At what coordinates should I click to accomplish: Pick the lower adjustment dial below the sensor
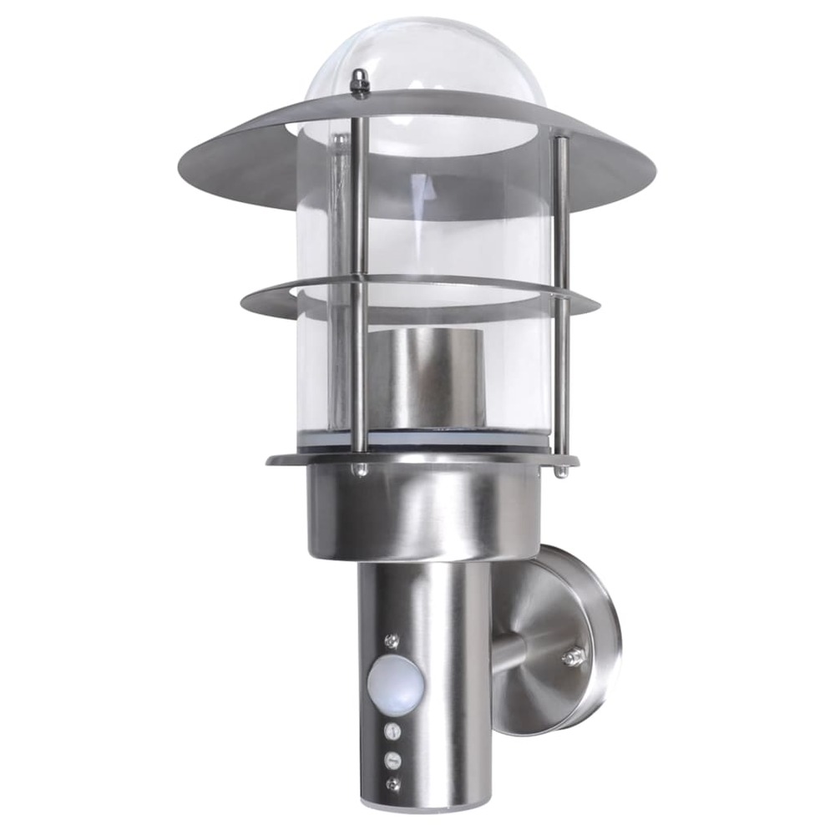392,759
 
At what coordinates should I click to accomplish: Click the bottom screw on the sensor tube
392,784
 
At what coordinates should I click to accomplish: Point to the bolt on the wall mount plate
572,657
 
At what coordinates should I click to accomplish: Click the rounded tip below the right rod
561,471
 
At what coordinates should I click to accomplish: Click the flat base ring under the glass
309,458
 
